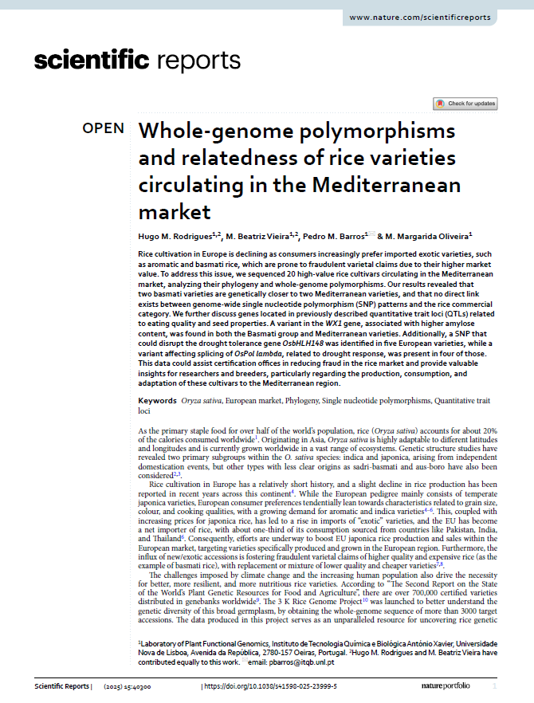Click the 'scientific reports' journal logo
coord(137,60)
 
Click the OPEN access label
coord(103,128)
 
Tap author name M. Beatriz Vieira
coord(261,236)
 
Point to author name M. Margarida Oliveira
coord(429,236)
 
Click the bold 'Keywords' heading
coord(157,400)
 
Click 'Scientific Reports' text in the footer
coord(61,685)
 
